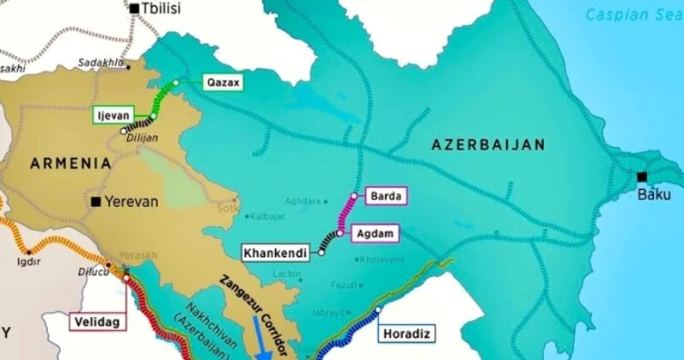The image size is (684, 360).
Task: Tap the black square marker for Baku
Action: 642,177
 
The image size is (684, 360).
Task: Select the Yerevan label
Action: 132,202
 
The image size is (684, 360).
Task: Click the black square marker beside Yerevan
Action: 96,202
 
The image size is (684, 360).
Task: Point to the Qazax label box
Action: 223,83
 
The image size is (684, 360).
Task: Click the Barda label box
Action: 386,197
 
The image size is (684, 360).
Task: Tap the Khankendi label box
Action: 274,254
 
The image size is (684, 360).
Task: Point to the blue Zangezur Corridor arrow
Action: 264,338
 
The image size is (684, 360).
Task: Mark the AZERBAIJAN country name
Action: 489,146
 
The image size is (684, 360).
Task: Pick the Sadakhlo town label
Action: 97,62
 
